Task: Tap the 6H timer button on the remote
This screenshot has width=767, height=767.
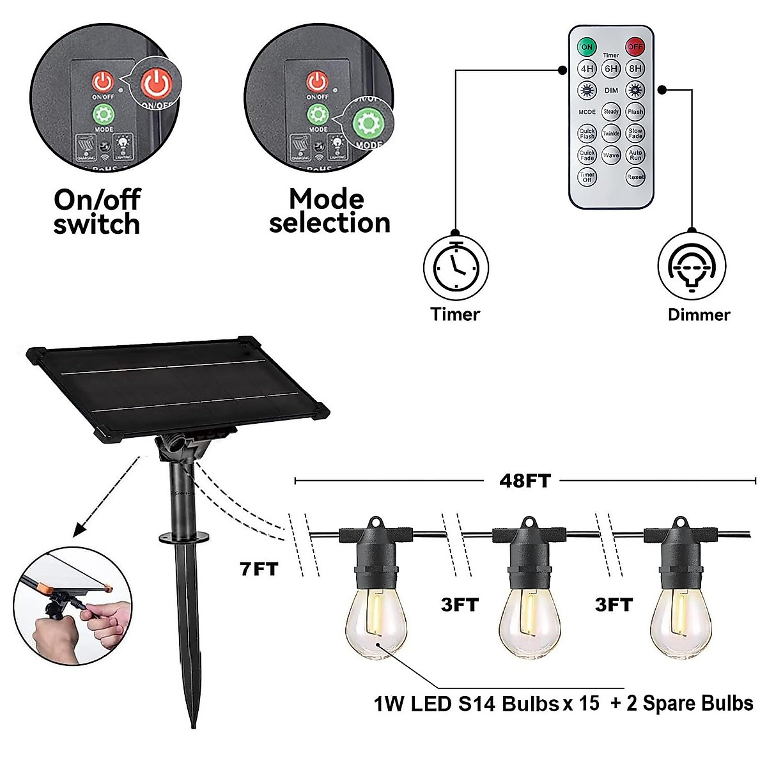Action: [x=612, y=68]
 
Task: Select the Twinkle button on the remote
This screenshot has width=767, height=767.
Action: [x=612, y=134]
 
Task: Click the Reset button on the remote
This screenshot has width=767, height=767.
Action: [x=635, y=177]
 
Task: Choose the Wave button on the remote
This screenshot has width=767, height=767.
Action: [x=612, y=155]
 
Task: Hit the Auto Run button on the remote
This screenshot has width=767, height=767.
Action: [x=635, y=155]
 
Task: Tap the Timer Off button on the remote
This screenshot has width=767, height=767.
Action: [x=587, y=177]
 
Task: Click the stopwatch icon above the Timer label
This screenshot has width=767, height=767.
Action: [x=456, y=267]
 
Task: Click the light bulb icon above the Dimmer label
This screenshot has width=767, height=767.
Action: [x=692, y=267]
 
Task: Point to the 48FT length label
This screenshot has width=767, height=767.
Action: [x=524, y=481]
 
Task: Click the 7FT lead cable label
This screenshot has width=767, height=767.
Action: [x=260, y=568]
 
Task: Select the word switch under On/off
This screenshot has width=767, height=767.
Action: [x=97, y=225]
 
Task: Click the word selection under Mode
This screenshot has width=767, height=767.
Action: [x=329, y=223]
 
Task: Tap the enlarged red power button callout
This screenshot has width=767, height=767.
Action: [x=157, y=82]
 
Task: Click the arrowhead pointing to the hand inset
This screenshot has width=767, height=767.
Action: [x=79, y=531]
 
